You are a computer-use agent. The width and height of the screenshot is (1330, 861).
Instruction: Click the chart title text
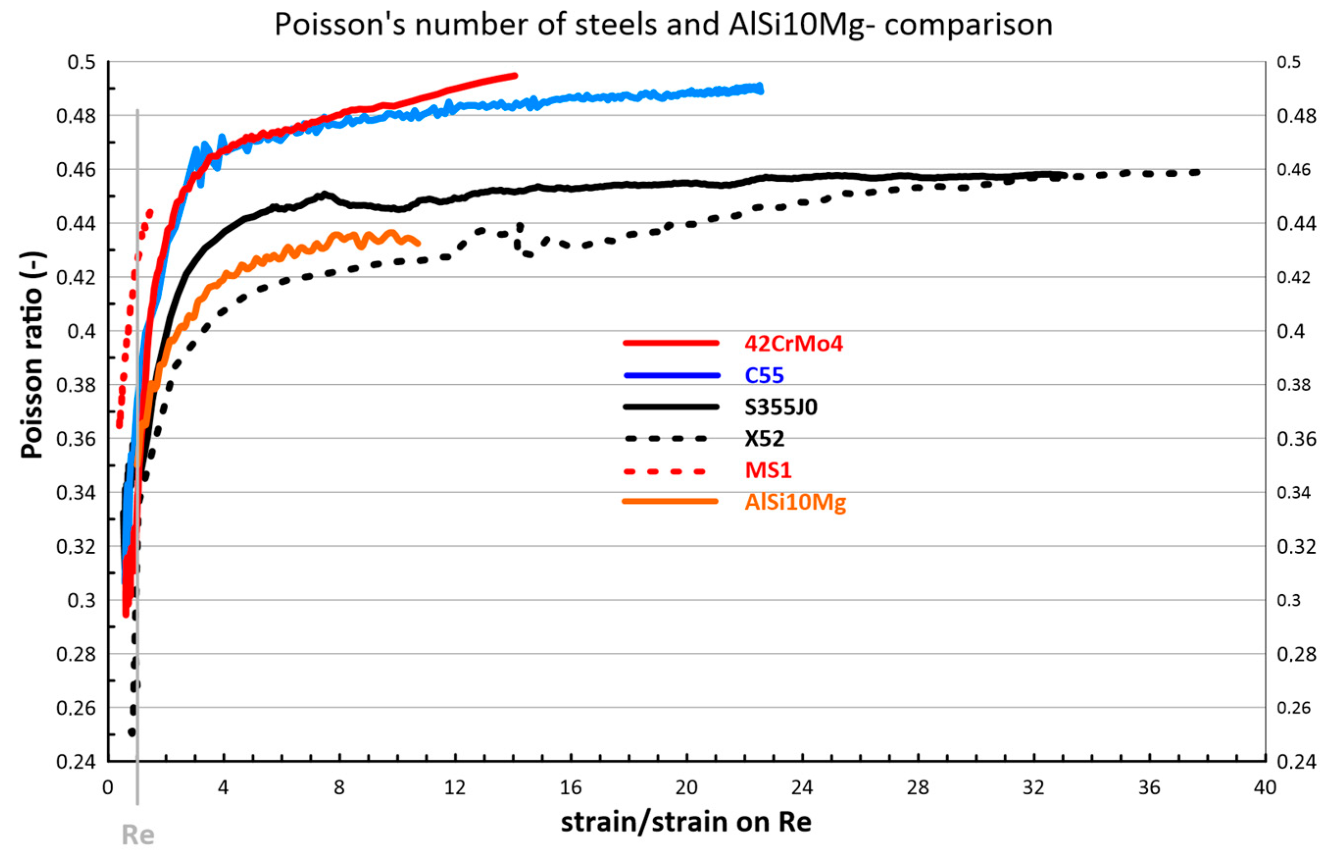click(x=664, y=25)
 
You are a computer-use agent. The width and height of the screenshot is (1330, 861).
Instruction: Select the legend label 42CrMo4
click(x=793, y=343)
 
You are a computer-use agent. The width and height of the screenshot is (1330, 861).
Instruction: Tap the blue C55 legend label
click(x=764, y=375)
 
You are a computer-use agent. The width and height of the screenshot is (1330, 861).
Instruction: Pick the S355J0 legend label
click(x=781, y=407)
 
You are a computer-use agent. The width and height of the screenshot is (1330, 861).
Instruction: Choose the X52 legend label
click(x=764, y=439)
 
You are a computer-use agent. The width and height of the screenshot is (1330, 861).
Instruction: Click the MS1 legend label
click(x=768, y=470)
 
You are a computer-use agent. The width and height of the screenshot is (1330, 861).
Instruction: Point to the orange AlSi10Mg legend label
click(x=795, y=502)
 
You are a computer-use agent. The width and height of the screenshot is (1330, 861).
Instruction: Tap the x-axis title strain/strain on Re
click(x=686, y=822)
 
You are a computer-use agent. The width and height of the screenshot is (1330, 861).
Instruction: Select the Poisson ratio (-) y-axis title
click(x=32, y=355)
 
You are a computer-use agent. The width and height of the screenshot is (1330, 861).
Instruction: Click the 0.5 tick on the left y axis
click(x=81, y=62)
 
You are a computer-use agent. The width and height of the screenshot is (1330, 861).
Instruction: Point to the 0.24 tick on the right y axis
click(x=1296, y=762)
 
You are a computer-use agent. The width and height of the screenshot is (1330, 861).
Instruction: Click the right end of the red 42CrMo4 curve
click(x=515, y=75)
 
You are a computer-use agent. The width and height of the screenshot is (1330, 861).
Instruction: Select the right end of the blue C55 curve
click(x=761, y=89)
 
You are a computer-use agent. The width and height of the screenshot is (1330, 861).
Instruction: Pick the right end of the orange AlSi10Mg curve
click(x=418, y=243)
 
